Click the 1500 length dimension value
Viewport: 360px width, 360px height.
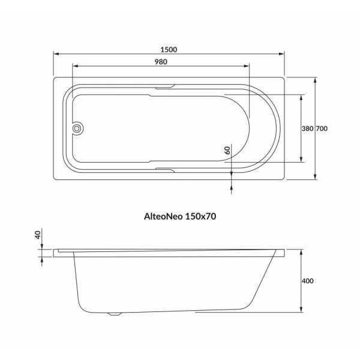pos(169,50)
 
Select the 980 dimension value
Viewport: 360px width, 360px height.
pos(161,62)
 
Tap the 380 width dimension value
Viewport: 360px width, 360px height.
pos(307,128)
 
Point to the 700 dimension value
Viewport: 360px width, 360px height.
pos(322,128)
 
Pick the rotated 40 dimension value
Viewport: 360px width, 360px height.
pos(38,235)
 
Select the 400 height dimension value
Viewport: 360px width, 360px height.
pos(308,281)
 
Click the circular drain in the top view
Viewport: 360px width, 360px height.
pos(77,128)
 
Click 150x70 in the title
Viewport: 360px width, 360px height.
pos(200,216)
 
